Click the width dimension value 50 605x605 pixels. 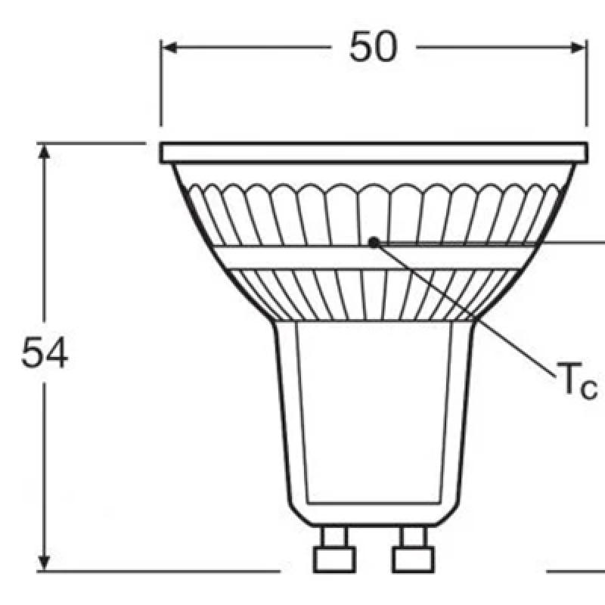click(x=373, y=48)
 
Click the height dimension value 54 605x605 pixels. click(x=45, y=352)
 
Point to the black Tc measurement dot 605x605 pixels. click(x=374, y=242)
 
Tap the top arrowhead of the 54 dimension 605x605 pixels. click(x=45, y=150)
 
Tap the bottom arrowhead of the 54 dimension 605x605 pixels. click(x=45, y=563)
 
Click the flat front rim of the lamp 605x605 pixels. click(x=374, y=152)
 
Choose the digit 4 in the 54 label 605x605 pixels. click(x=56, y=352)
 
